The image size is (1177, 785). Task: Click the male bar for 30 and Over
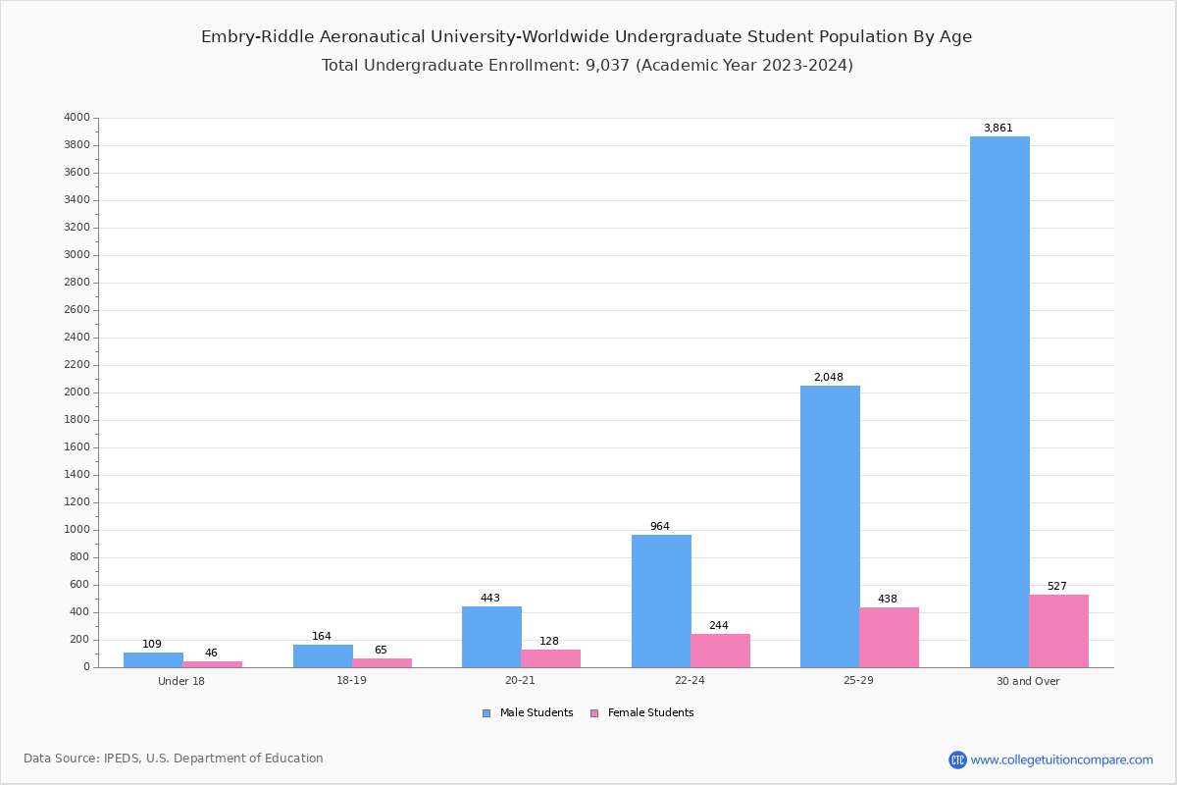(x=999, y=401)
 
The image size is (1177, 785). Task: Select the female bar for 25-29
(x=889, y=637)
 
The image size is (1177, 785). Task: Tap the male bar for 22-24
(x=661, y=601)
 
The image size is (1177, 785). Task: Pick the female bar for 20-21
(x=550, y=658)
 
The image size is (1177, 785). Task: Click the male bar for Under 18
(x=153, y=659)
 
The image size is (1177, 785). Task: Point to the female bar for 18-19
(x=382, y=662)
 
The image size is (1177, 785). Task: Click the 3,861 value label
(x=998, y=129)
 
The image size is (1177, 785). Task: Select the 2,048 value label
(x=828, y=378)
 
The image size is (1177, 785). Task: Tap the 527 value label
(x=1056, y=587)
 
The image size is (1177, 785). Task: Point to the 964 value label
(x=659, y=527)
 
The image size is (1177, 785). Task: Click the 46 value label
(x=211, y=654)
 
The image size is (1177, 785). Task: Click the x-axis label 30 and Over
(x=1028, y=681)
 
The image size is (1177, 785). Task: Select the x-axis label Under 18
(x=181, y=681)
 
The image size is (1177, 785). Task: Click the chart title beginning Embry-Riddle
(x=587, y=37)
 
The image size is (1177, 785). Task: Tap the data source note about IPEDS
(x=174, y=759)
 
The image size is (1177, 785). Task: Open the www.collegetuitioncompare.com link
(x=1061, y=759)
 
